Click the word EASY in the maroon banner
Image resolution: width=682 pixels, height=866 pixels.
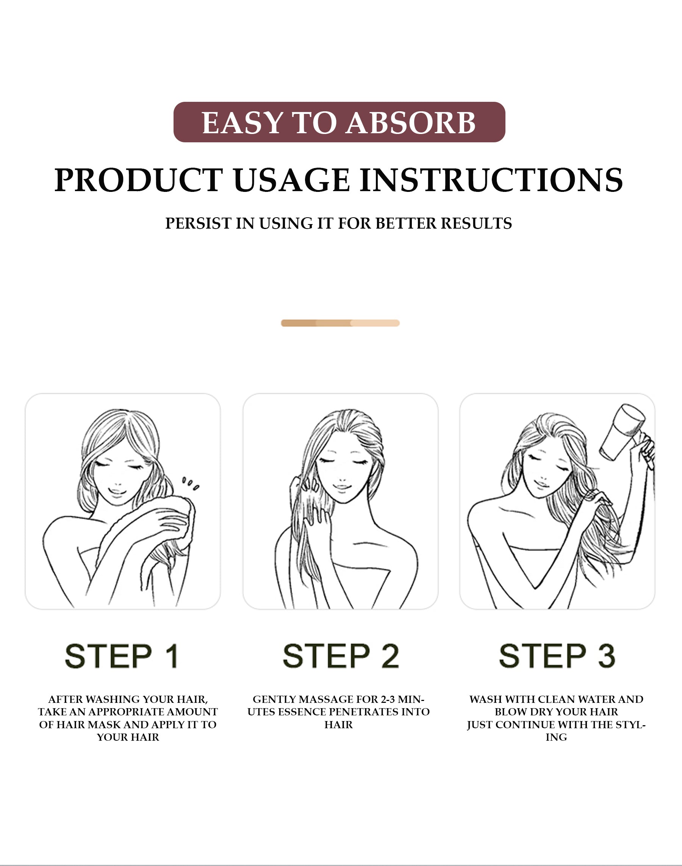tap(242, 123)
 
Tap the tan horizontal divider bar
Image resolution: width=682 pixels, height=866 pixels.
tap(340, 323)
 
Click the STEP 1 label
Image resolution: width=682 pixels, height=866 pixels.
tap(122, 656)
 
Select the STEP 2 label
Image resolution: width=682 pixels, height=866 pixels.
tap(341, 656)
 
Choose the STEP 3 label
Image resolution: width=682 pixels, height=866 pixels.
tap(557, 656)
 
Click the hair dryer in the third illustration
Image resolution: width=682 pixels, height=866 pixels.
tap(621, 433)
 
